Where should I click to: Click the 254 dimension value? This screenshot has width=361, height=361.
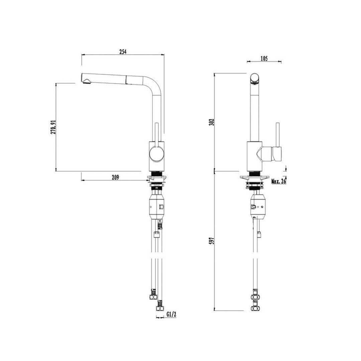click(x=123, y=52)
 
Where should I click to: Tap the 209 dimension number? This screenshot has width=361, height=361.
click(x=115, y=177)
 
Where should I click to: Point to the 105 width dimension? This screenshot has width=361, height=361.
click(x=264, y=59)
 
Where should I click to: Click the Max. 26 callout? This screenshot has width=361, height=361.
click(x=279, y=182)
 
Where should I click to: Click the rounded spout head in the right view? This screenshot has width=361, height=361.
click(x=255, y=78)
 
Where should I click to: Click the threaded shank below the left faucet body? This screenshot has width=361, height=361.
click(x=156, y=174)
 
